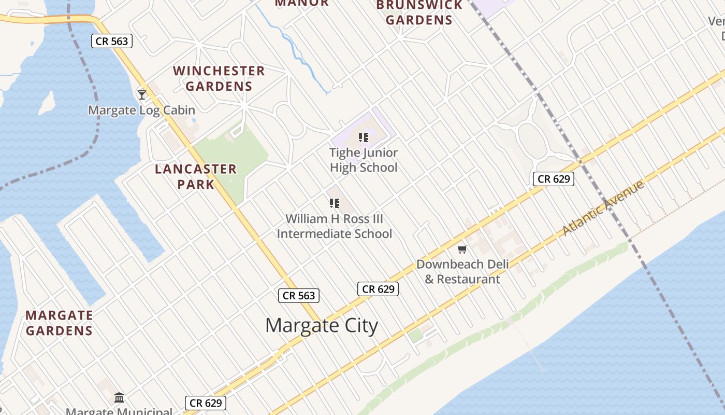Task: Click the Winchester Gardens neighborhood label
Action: click(x=219, y=78)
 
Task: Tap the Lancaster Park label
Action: click(x=196, y=176)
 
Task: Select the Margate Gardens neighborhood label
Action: click(x=59, y=323)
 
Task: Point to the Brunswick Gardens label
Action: click(x=419, y=13)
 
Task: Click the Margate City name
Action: click(x=322, y=326)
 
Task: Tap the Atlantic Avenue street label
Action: click(x=603, y=208)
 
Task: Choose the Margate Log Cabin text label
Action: click(x=141, y=110)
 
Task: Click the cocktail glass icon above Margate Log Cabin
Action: click(x=141, y=94)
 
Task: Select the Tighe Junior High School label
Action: click(x=364, y=160)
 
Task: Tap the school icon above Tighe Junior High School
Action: click(x=364, y=137)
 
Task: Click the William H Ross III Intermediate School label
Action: click(x=335, y=226)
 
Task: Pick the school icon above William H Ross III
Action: click(x=335, y=203)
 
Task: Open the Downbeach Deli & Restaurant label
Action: click(x=462, y=271)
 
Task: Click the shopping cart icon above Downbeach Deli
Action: click(x=462, y=249)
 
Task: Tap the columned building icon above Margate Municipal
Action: click(x=119, y=398)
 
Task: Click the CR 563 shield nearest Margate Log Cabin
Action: click(x=112, y=41)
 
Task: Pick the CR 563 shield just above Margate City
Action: click(x=299, y=296)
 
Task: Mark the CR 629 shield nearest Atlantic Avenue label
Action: click(x=554, y=179)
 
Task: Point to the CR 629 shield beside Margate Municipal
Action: click(x=206, y=403)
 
